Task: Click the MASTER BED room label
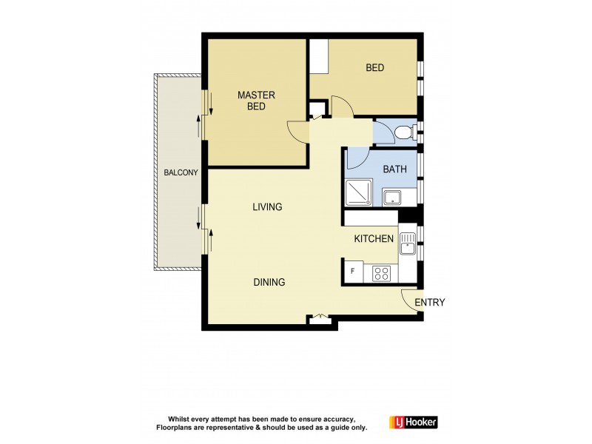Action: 256,101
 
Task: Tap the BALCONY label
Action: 181,173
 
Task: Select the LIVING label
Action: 267,207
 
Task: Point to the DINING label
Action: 269,282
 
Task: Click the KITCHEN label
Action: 374,239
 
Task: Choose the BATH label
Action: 394,169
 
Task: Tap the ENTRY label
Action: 429,302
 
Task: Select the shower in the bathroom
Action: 360,192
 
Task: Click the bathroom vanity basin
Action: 392,197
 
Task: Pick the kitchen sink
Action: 407,241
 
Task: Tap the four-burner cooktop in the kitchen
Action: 382,274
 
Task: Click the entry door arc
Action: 409,298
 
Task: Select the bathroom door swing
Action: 357,158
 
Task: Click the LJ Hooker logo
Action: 413,423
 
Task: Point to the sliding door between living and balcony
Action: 204,229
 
